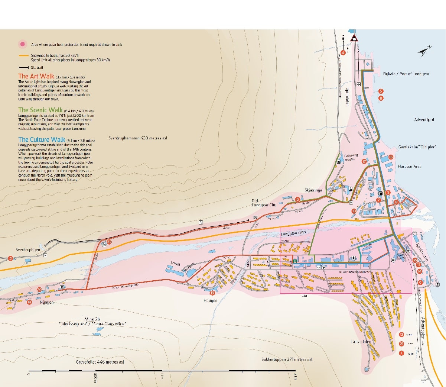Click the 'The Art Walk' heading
tap(36, 76)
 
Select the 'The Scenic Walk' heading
tap(40, 110)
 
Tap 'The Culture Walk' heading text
tap(42, 140)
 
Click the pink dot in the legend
tap(23, 44)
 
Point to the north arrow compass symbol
tap(424, 51)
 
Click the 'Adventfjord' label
tap(424, 120)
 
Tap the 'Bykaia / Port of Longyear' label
tap(406, 74)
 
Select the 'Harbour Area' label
tap(409, 167)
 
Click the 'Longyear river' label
tap(293, 233)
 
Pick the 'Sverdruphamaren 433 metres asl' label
tap(138, 138)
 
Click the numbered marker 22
tap(109, 242)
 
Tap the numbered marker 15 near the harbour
tap(390, 157)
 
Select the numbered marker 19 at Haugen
tap(212, 293)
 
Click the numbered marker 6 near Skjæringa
tap(297, 200)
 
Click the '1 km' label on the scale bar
tap(162, 376)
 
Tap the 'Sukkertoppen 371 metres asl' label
tap(287, 359)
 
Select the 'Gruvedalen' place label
tap(361, 342)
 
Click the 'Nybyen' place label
tap(47, 302)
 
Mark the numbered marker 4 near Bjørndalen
tap(343, 53)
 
